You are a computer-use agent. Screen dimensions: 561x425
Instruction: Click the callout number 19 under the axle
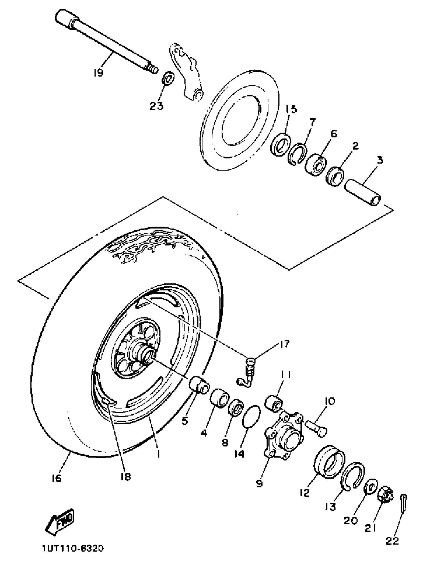tap(98, 73)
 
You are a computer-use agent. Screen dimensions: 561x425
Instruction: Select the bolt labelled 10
tap(316, 429)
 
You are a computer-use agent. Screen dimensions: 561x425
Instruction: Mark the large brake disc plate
tap(240, 120)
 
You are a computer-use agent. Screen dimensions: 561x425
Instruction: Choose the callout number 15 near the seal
tap(291, 109)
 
